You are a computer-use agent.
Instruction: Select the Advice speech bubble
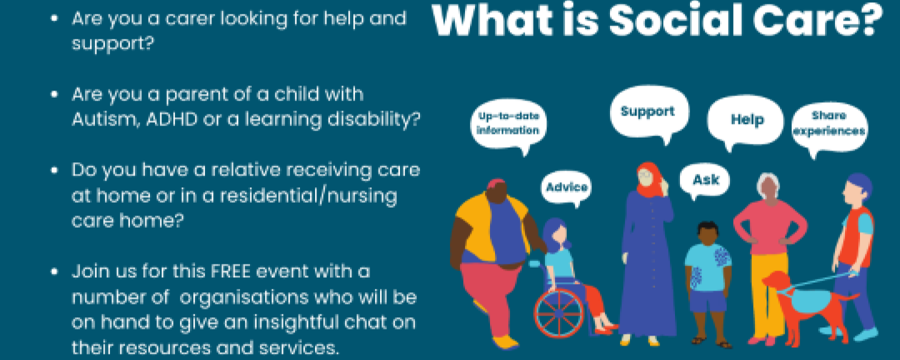566,188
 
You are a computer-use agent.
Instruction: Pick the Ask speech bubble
704,181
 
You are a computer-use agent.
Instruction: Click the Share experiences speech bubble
829,126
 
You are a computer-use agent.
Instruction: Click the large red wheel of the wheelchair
559,313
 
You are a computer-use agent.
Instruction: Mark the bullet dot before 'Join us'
54,272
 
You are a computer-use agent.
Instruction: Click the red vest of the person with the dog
856,237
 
